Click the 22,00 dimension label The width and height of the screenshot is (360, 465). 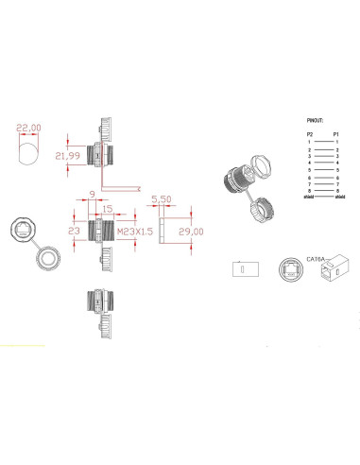(29, 128)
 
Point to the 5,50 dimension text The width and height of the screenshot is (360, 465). (162, 200)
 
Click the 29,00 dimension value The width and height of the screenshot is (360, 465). (192, 231)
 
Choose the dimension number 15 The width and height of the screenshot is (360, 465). (108, 210)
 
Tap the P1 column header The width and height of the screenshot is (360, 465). (338, 135)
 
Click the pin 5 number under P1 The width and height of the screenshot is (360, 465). (338, 170)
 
